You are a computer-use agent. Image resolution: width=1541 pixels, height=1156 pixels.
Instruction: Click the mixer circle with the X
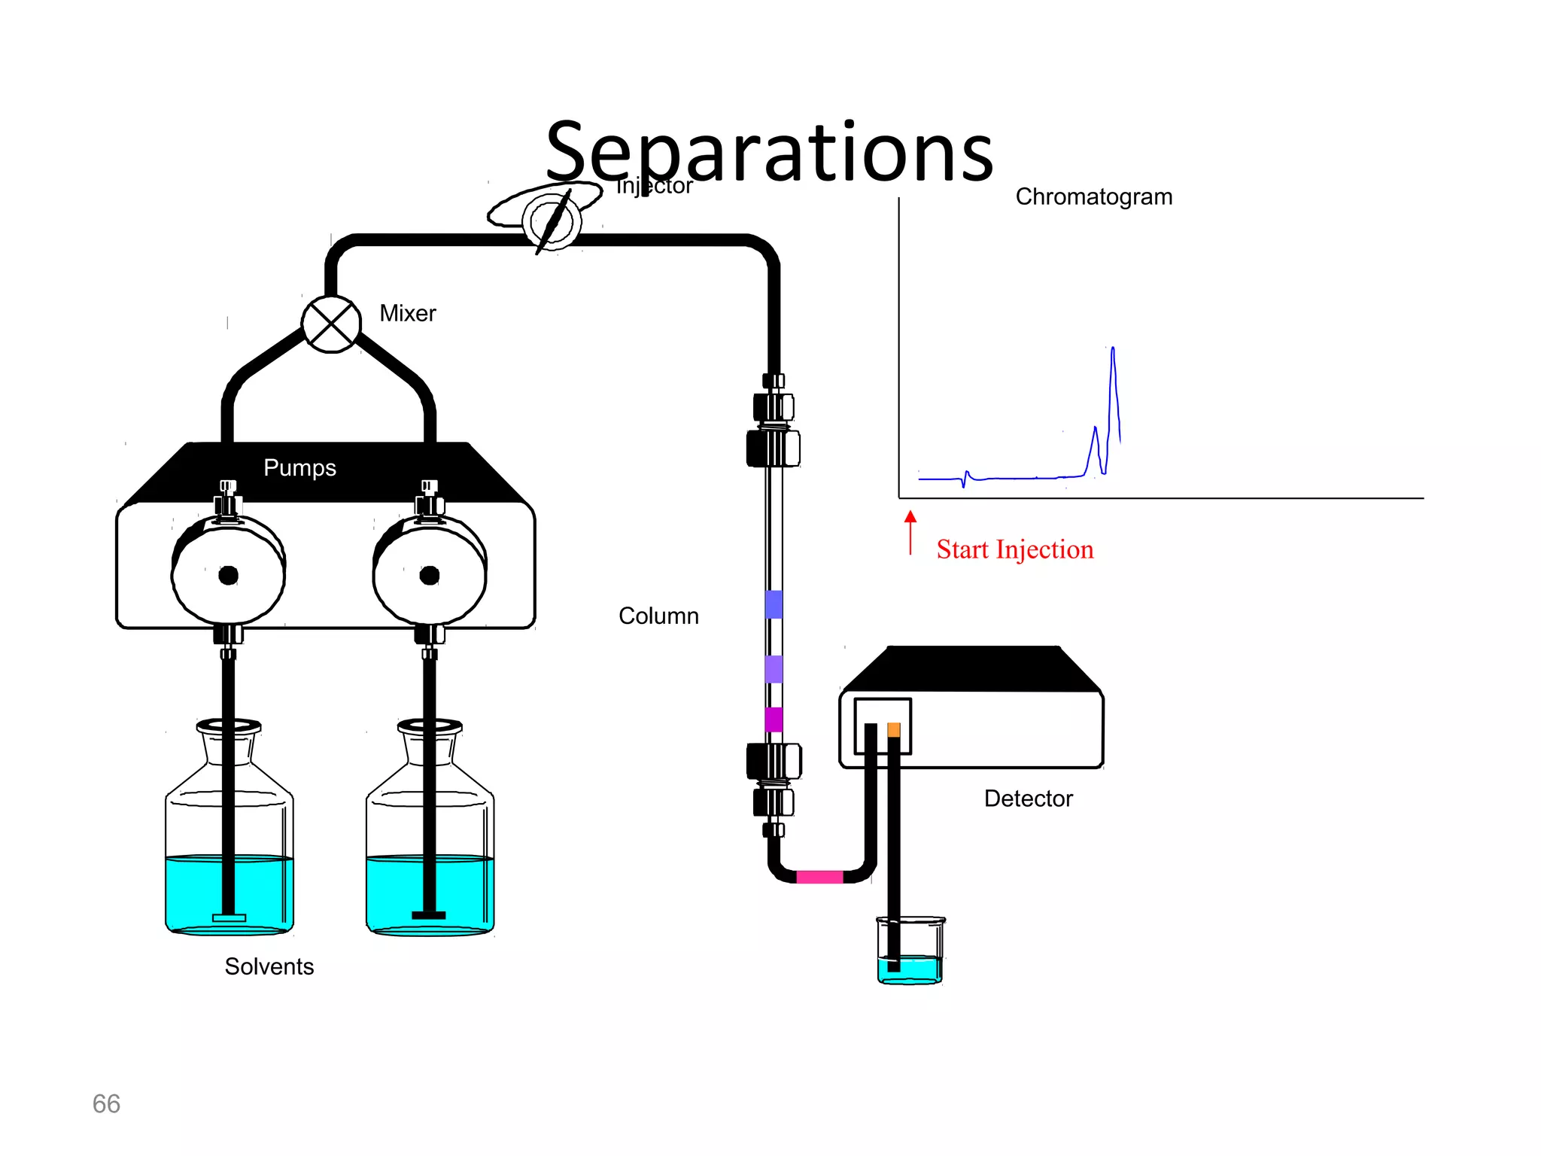pos(331,324)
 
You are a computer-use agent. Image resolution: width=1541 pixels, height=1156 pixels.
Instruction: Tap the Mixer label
pos(407,313)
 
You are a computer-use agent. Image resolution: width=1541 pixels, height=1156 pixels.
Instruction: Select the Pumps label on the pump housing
pos(299,467)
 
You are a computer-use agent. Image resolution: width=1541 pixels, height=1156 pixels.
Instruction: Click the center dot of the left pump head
pos(228,576)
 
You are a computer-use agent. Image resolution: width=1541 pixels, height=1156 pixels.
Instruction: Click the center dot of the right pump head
pos(430,576)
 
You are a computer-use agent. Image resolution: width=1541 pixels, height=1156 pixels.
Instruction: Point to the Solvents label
pos(269,966)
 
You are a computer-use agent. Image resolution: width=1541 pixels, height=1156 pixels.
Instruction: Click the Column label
pos(658,616)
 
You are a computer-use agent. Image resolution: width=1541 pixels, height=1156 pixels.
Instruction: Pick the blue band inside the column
pos(774,604)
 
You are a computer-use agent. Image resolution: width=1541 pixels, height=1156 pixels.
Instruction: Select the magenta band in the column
pos(774,719)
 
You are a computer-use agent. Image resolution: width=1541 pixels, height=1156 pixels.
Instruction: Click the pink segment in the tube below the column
pos(819,877)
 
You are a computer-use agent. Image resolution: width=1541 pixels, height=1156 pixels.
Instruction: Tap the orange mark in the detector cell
pos(894,729)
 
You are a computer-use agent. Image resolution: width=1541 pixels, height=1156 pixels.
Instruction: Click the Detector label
pos(1028,799)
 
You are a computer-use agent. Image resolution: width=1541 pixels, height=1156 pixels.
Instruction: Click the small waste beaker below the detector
pos(910,952)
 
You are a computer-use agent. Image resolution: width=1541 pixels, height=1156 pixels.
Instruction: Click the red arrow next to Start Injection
pos(910,531)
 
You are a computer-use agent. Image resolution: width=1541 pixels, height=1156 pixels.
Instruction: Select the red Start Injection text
pos(1014,549)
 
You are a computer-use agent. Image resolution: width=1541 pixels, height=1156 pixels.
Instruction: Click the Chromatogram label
pos(1093,196)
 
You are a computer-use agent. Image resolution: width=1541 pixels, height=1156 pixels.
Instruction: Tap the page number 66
pos(106,1103)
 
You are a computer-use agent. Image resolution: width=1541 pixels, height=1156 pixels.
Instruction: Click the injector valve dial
pos(552,221)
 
